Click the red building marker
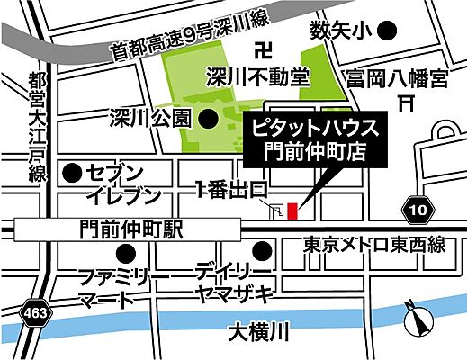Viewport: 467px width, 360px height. pyautogui.click(x=292, y=211)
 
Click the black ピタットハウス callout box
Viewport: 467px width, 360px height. pyautogui.click(x=316, y=139)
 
